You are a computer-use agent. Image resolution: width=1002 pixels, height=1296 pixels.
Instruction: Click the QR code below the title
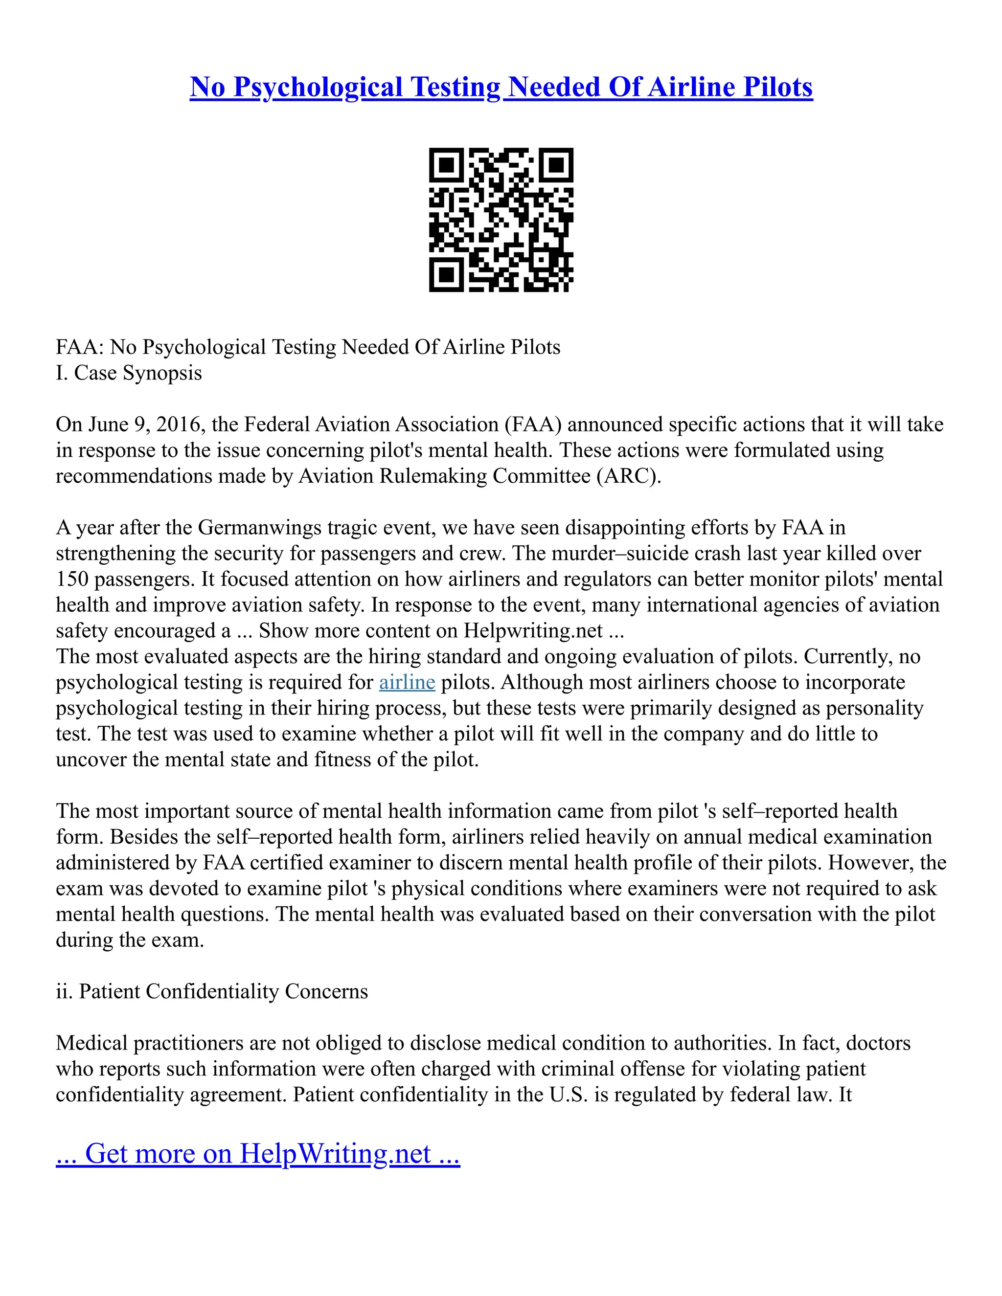[501, 220]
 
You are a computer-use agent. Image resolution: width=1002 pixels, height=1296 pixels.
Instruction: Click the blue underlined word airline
[407, 682]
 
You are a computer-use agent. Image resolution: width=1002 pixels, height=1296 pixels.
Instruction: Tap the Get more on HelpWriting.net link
[258, 1154]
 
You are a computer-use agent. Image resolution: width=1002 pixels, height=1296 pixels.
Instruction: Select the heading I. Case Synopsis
[129, 373]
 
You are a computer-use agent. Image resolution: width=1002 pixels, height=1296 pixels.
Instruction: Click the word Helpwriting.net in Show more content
[533, 630]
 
